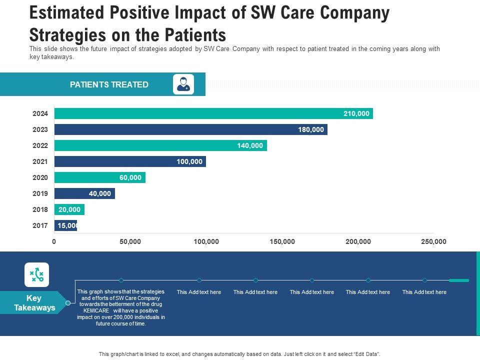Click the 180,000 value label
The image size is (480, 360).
(311, 129)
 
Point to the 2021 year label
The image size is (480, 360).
(40, 161)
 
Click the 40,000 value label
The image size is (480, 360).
(100, 193)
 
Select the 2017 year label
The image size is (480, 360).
(40, 225)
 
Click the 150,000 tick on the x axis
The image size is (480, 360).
(282, 242)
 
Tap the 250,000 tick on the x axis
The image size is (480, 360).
(433, 242)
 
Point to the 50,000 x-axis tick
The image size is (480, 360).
(130, 242)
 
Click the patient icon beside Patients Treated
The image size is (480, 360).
(183, 84)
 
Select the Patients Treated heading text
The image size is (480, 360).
(109, 84)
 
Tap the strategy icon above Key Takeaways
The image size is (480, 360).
(37, 274)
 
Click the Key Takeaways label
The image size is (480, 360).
(34, 303)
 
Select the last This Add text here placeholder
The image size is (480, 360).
(424, 292)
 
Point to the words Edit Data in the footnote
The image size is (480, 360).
(366, 353)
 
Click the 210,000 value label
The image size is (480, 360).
(356, 113)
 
